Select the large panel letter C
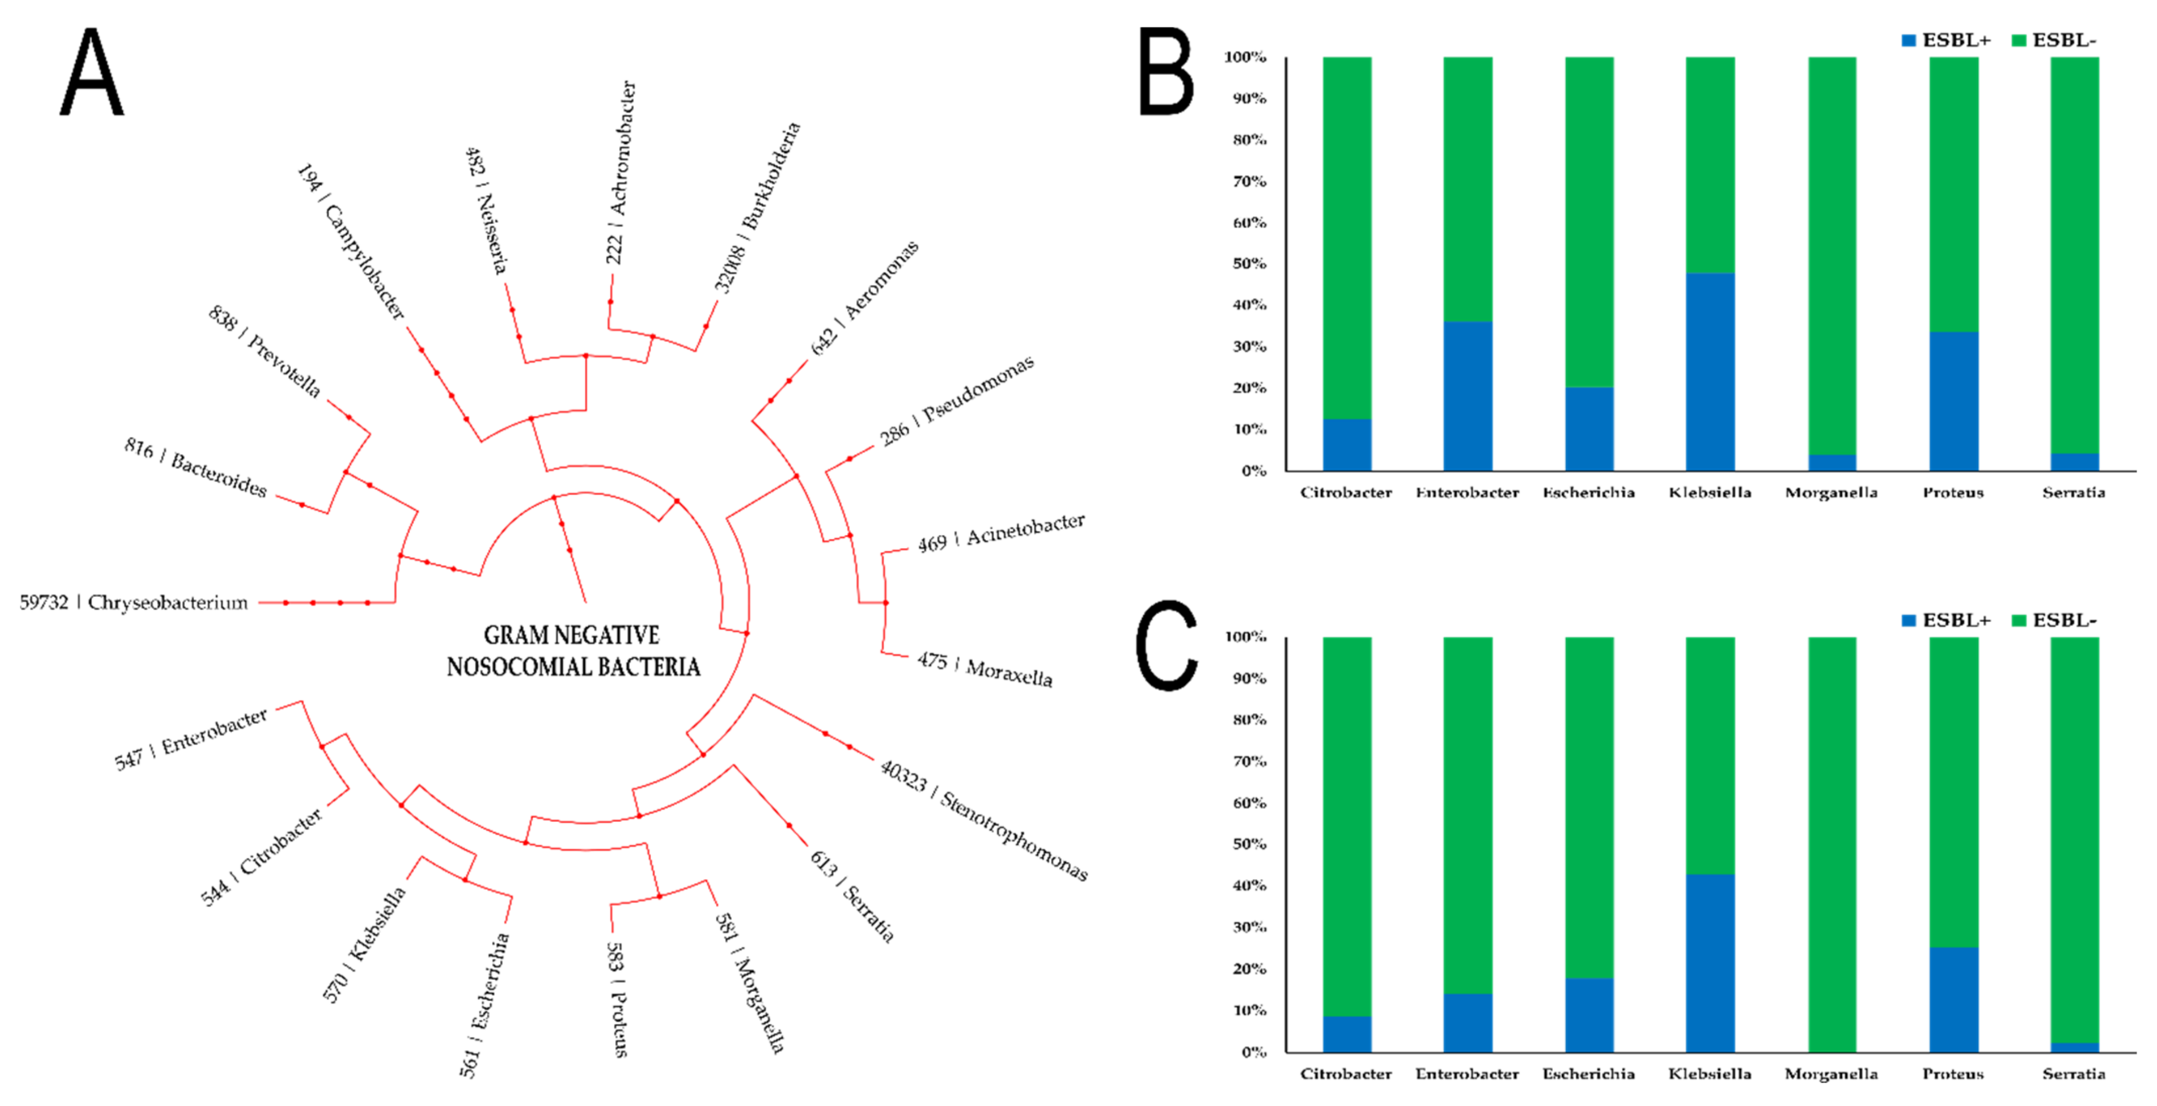(1166, 645)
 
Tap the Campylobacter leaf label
(352, 242)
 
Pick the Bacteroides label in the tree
(196, 466)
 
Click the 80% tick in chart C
(1248, 720)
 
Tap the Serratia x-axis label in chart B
(2073, 492)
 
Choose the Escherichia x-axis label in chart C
(1588, 1073)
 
